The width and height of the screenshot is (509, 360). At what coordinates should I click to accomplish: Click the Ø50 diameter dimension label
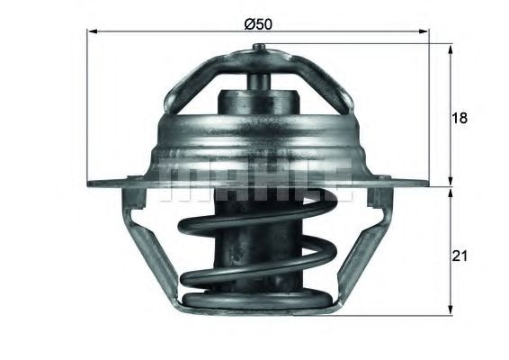[259, 23]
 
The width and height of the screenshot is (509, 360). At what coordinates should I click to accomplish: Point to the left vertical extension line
[86, 108]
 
